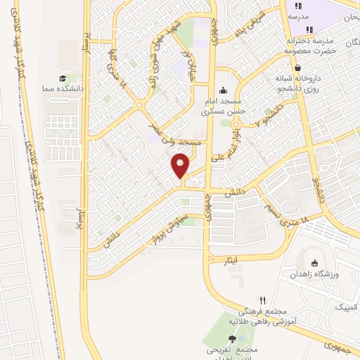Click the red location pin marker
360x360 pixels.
click(181, 166)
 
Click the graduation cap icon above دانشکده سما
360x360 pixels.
click(63, 79)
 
